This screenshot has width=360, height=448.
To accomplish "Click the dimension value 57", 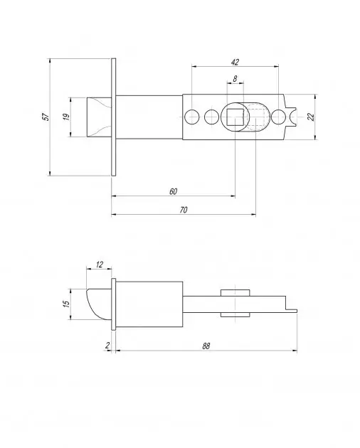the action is pos(46,117).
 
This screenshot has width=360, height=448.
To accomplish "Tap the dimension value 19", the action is pos(66,117).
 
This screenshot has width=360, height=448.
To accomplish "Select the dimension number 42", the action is pos(235,62).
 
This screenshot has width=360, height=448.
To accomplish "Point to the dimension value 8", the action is pos(235,78).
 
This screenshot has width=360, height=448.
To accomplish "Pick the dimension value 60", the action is pos(174,191).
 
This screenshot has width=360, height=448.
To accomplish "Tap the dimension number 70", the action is pos(184,210).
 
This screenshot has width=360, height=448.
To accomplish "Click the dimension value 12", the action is pos(99,265).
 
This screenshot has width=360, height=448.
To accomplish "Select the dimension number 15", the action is pos(66,304).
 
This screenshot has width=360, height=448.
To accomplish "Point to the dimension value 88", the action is pos(206,346).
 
